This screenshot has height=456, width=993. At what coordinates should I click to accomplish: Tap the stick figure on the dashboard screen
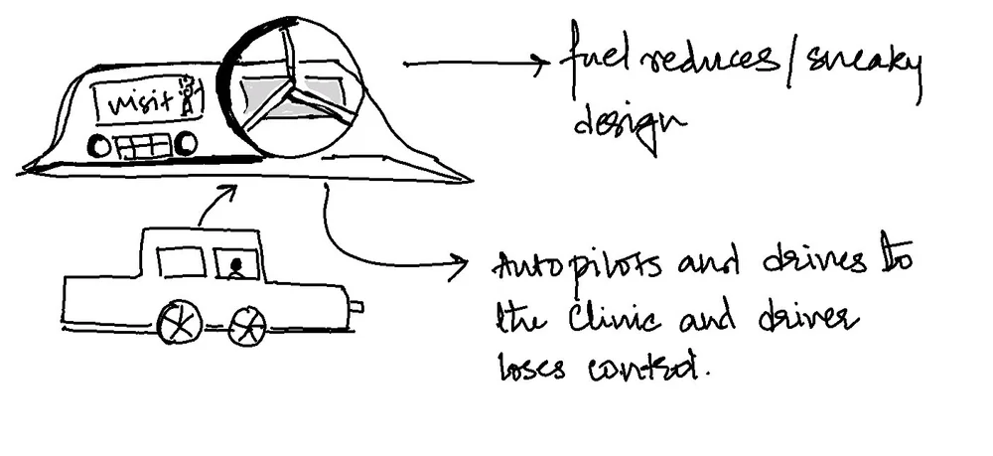click(x=188, y=96)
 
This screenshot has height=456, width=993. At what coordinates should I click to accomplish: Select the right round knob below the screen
click(x=185, y=145)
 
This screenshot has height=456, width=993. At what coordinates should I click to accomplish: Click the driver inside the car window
click(x=236, y=267)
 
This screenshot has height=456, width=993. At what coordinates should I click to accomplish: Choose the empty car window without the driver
click(x=181, y=262)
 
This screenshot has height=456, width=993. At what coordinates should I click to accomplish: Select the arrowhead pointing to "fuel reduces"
click(x=541, y=66)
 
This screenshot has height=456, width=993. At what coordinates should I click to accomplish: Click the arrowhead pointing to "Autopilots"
click(x=459, y=263)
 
